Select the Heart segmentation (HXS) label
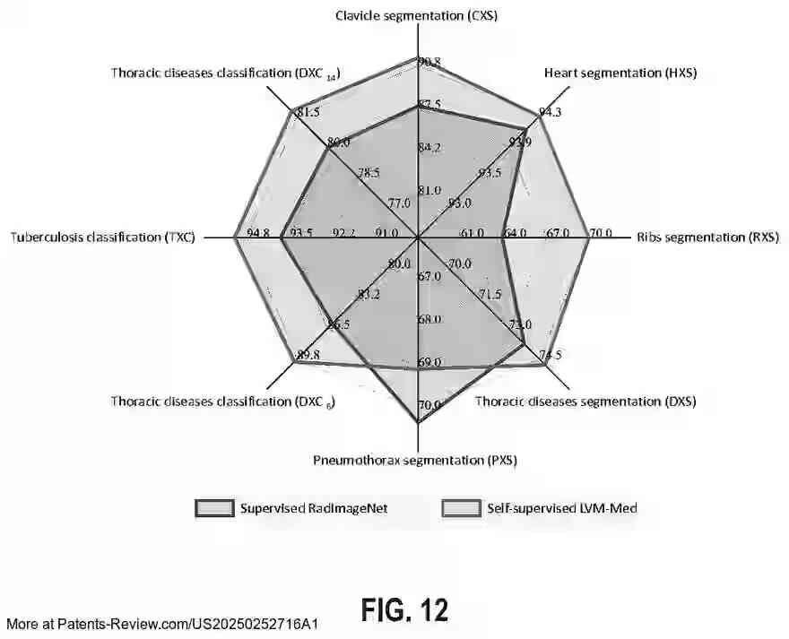(x=620, y=73)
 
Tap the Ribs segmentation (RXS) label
(x=707, y=237)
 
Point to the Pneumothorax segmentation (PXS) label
(x=414, y=460)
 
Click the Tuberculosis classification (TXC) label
(x=103, y=237)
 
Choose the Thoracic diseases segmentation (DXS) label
(x=585, y=402)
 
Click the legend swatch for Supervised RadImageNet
(x=213, y=508)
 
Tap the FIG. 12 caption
(x=404, y=609)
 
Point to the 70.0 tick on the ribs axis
(x=600, y=234)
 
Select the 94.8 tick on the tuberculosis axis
(x=258, y=234)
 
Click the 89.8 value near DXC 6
(x=308, y=355)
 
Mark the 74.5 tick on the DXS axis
(x=551, y=356)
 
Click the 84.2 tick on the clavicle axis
(x=429, y=147)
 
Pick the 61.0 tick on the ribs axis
(x=472, y=234)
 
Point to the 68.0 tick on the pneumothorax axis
(x=429, y=319)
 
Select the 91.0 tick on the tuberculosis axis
(x=387, y=234)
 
